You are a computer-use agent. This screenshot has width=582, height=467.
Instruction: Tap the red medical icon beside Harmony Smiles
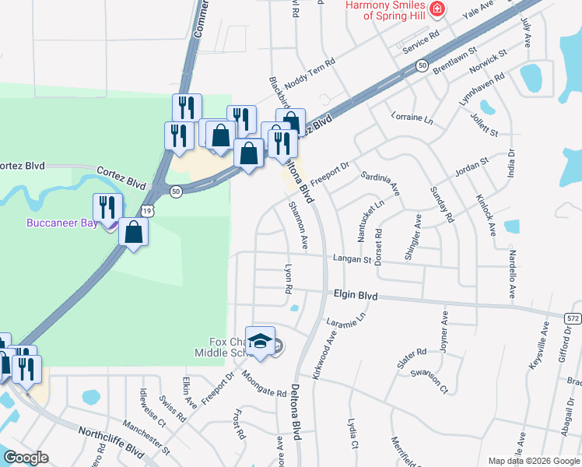[437, 9]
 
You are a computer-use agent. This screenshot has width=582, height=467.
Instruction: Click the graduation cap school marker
[261, 341]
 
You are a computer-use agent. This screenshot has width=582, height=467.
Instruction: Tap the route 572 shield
[573, 319]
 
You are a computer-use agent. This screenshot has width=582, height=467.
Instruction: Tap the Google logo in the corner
[26, 458]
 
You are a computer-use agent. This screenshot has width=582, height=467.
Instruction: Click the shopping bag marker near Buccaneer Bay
[134, 233]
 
